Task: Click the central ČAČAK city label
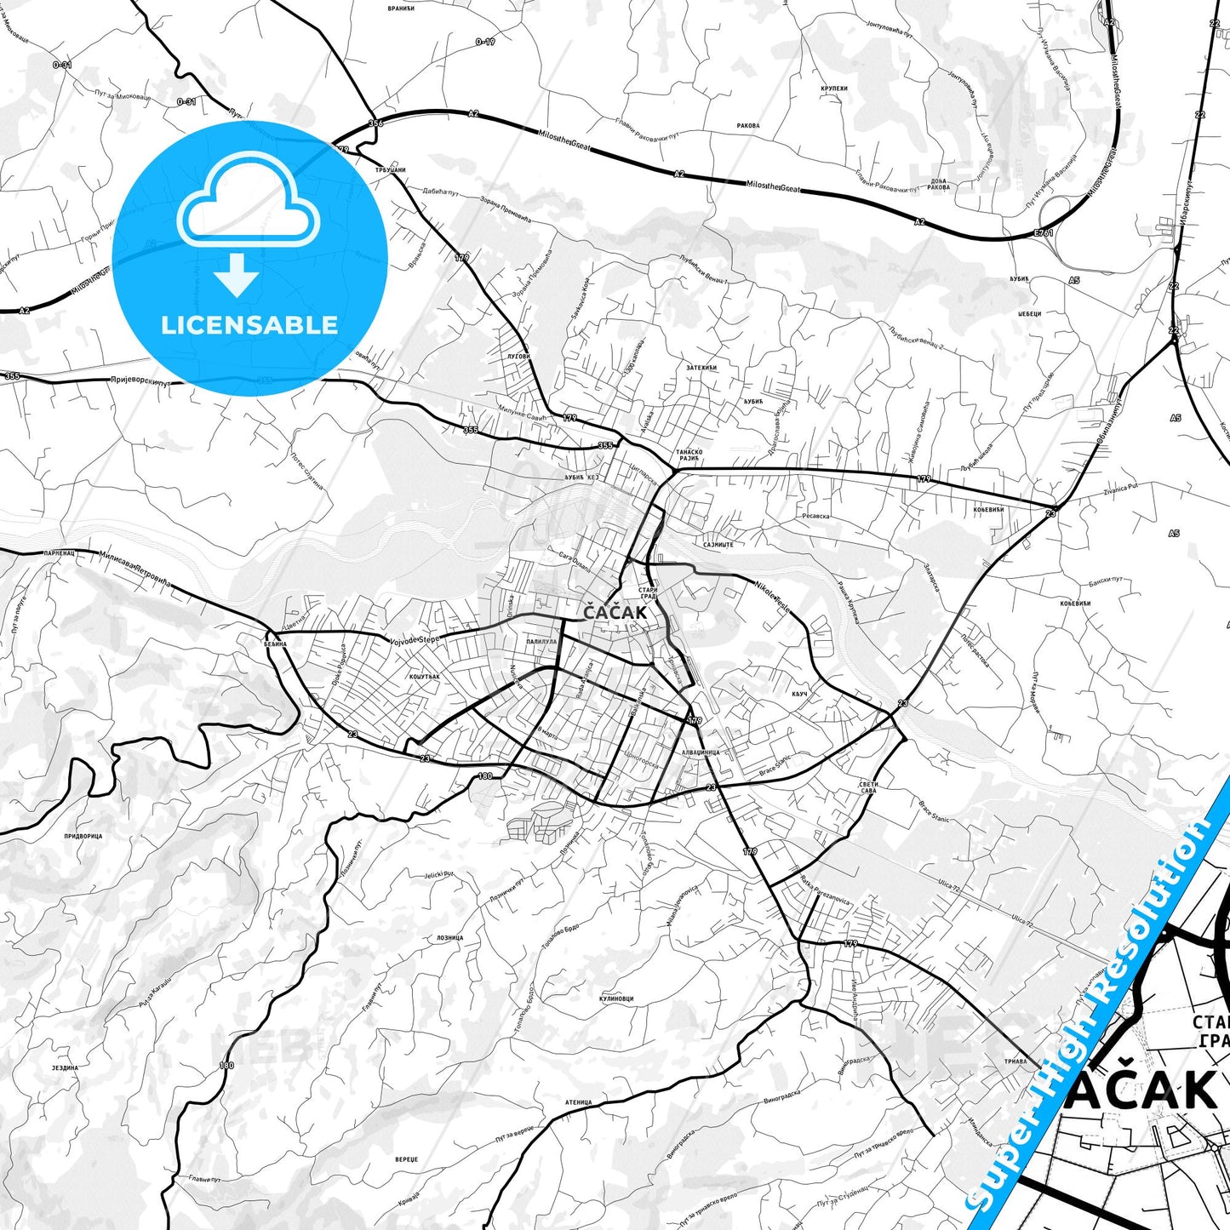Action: [x=615, y=612]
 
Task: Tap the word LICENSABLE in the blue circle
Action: [x=249, y=325]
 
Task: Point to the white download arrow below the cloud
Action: [x=237, y=275]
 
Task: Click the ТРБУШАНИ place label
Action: [x=391, y=170]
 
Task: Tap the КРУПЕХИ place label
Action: [x=833, y=89]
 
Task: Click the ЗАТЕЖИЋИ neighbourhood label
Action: [x=701, y=368]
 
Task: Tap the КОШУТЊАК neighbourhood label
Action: [x=424, y=677]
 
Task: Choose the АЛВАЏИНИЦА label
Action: [x=701, y=752]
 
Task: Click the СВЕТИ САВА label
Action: [x=868, y=787]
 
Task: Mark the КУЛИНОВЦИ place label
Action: [x=616, y=999]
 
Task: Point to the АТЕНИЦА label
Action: [x=578, y=1103]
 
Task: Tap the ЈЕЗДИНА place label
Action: [x=65, y=1067]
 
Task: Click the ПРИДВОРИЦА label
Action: [x=83, y=836]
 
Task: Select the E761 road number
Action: [x=1043, y=232]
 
